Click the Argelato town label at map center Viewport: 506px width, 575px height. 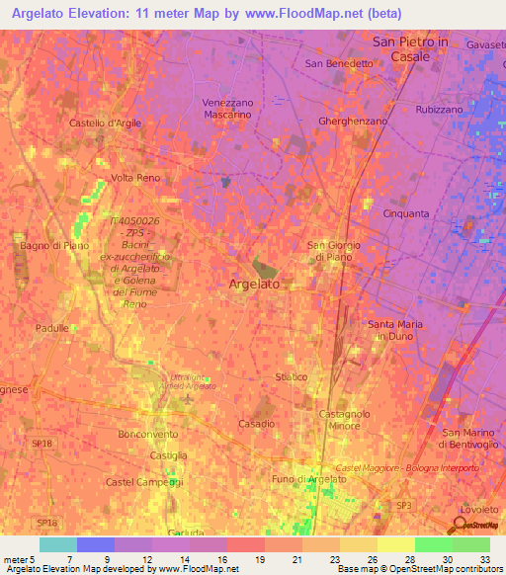(x=255, y=284)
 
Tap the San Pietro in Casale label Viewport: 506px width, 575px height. (x=409, y=49)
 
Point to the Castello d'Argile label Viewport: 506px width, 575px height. (x=105, y=123)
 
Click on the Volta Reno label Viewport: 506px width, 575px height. (x=135, y=178)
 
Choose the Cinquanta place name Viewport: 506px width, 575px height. (x=405, y=212)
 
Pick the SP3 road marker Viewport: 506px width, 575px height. (x=403, y=505)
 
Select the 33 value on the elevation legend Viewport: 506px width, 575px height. (x=483, y=559)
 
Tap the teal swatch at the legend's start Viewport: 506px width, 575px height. (x=58, y=544)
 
